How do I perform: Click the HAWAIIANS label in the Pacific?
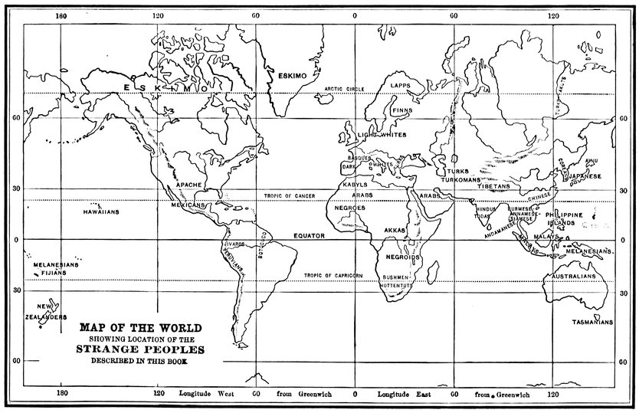(x=100, y=210)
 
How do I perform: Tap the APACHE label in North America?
(x=188, y=185)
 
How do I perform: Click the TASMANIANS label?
(x=592, y=323)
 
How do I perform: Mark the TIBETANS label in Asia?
(x=493, y=186)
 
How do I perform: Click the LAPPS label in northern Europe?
(x=401, y=85)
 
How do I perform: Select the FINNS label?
(x=402, y=110)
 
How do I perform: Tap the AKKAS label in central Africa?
(x=395, y=230)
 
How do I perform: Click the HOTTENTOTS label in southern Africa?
(x=395, y=285)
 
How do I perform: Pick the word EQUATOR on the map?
(x=310, y=236)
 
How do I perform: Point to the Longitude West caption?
(x=207, y=395)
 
